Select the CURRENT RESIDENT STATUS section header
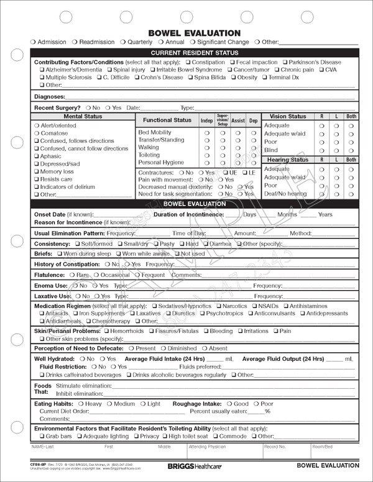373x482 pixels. coord(194,53)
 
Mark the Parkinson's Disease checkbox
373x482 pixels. coord(285,63)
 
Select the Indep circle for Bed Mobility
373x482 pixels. coord(206,133)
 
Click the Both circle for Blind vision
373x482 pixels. coord(351,150)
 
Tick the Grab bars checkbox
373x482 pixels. coord(42,436)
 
